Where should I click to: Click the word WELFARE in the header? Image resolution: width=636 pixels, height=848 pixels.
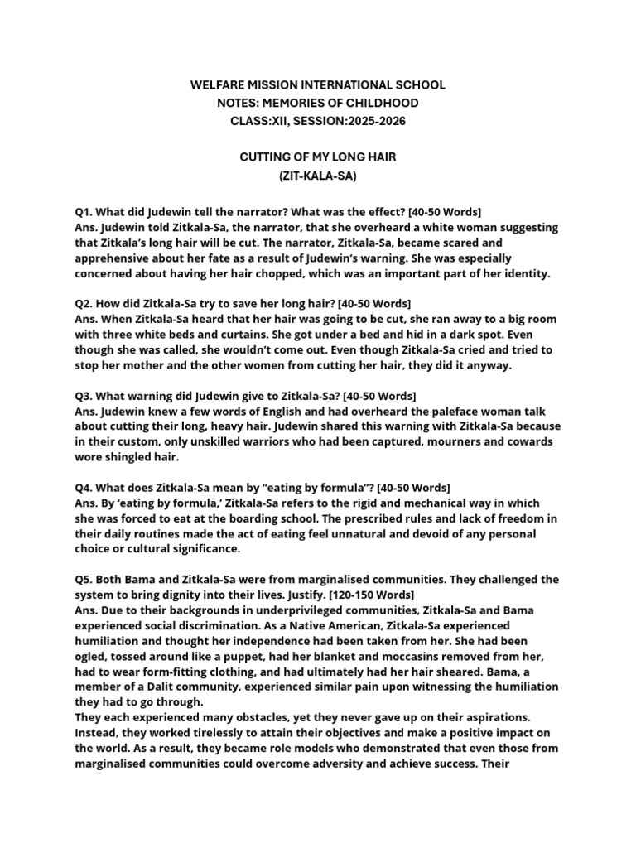pos(218,85)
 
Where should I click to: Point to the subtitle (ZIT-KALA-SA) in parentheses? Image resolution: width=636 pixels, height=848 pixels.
pos(317,176)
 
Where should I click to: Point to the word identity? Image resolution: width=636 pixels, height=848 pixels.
pos(524,273)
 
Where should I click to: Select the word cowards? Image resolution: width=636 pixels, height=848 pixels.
pos(530,441)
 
